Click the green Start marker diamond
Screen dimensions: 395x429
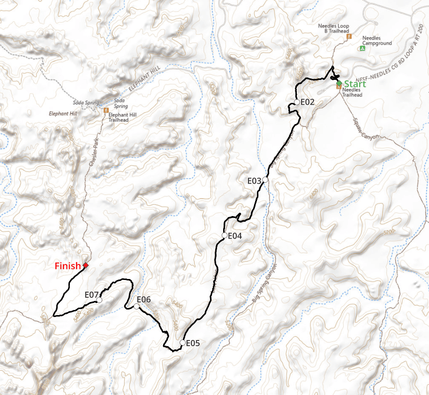[339, 83]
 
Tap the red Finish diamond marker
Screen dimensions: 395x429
[85, 266]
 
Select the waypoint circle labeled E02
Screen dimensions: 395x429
[297, 102]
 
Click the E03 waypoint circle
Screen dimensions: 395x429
[265, 179]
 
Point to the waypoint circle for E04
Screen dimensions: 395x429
[225, 235]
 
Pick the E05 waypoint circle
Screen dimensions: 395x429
[182, 342]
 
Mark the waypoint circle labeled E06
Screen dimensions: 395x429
[136, 306]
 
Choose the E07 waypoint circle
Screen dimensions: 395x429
[99, 300]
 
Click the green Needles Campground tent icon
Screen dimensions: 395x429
[362, 48]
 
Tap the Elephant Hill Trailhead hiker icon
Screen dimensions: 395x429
[106, 110]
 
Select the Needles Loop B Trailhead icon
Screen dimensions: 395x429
[348, 36]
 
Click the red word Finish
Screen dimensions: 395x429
[68, 266]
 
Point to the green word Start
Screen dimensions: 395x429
[355, 84]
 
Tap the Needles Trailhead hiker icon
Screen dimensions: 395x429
[339, 87]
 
